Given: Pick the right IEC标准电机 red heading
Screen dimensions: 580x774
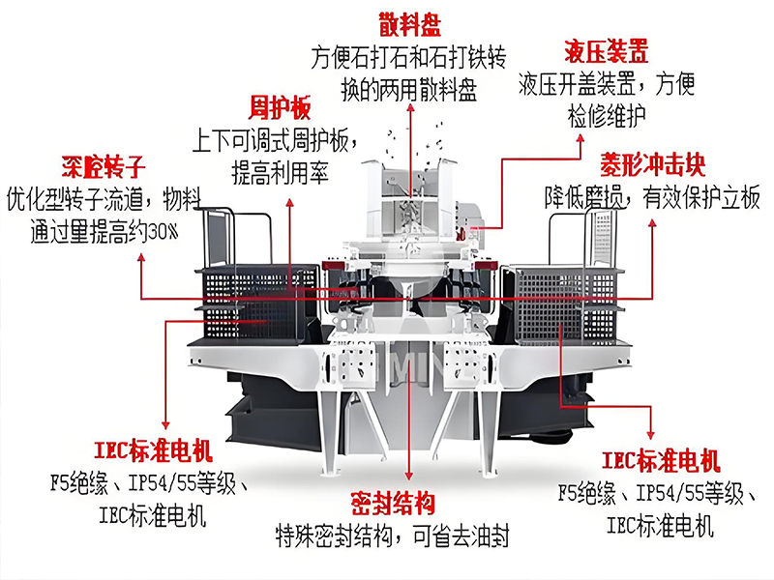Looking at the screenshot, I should coord(661,457).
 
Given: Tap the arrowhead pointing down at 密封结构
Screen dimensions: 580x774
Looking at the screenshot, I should coord(410,481).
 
